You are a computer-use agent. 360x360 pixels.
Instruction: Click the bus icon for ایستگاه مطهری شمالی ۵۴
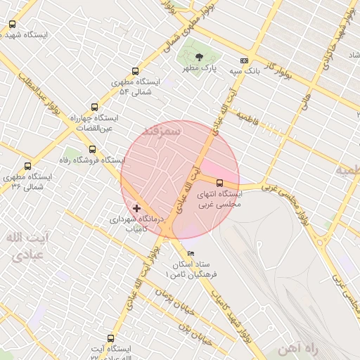click(135, 70)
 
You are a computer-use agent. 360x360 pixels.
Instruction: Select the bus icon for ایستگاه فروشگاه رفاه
click(92, 149)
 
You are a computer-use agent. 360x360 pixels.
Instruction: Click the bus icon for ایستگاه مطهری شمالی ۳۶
click(27, 167)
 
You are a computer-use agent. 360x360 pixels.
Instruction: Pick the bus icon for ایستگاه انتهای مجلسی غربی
click(219, 183)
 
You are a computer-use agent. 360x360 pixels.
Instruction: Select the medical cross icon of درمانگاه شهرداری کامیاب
click(136, 208)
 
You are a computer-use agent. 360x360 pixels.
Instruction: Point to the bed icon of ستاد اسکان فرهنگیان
click(191, 253)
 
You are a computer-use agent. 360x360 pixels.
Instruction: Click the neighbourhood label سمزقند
click(162, 131)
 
